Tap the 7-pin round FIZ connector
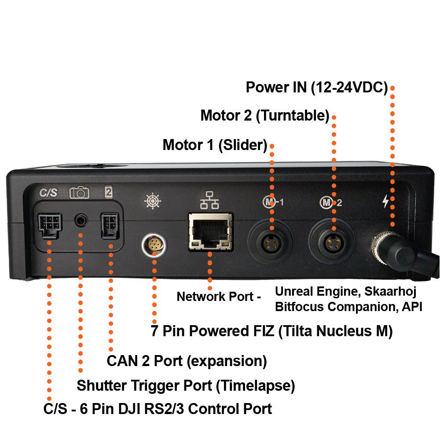coord(154,244)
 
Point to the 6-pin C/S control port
coord(49,224)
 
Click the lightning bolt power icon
coord(386,201)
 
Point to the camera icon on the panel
coord(79,193)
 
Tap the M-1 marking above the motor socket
coord(272,202)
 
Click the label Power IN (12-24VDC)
coord(316,87)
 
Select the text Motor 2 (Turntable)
coord(264,116)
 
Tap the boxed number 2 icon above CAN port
coord(108,192)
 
